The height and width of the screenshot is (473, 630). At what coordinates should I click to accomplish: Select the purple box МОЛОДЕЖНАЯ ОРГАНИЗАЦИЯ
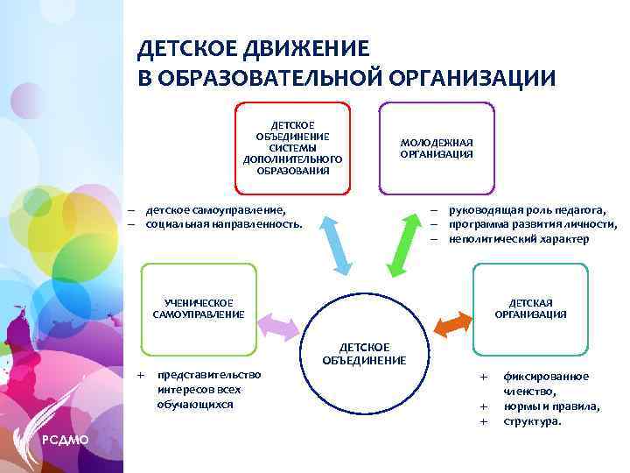(x=437, y=148)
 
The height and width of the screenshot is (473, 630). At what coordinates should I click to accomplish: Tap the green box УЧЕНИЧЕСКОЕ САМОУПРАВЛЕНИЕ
(x=199, y=307)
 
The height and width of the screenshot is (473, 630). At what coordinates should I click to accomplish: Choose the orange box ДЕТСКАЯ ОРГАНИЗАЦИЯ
(x=530, y=307)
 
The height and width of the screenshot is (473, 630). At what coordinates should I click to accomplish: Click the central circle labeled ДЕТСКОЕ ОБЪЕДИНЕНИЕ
(x=363, y=355)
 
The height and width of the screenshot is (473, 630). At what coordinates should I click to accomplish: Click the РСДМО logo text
(x=64, y=439)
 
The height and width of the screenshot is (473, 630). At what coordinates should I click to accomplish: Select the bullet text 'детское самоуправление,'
(x=215, y=210)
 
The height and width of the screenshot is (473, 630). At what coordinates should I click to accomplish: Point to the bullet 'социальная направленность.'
(x=224, y=224)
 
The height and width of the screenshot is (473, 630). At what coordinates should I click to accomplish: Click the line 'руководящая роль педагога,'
(x=527, y=210)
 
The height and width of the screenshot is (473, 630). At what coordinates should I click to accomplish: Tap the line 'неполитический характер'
(x=519, y=239)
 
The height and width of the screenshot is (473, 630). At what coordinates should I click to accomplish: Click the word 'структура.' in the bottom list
(x=532, y=421)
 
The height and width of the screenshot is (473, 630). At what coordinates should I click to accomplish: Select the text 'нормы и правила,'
(x=551, y=406)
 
